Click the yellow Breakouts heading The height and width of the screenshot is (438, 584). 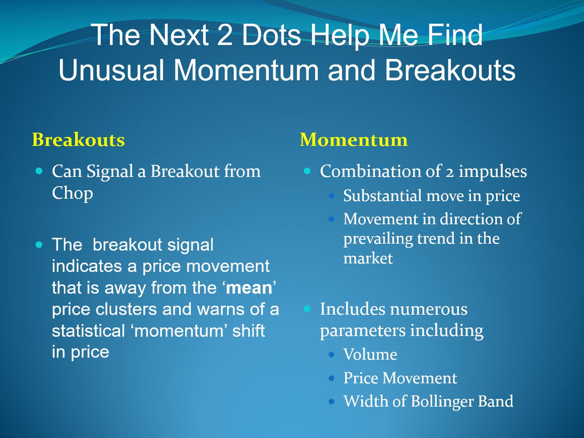[78, 140]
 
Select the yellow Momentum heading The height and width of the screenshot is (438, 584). [354, 140]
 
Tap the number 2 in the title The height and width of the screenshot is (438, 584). [224, 34]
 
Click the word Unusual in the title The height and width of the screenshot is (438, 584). [111, 69]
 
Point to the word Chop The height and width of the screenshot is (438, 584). [73, 193]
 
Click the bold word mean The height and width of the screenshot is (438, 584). [249, 288]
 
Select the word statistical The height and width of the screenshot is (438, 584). [88, 330]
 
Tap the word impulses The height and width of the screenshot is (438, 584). [492, 172]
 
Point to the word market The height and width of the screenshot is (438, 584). [368, 258]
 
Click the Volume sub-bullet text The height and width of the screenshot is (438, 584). [370, 354]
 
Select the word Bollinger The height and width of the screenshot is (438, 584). [442, 402]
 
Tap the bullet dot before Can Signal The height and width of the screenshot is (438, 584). [39, 171]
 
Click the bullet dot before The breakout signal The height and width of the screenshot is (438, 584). [39, 245]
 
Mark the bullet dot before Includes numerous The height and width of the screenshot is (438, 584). [307, 308]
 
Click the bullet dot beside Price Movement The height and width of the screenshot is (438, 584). [331, 379]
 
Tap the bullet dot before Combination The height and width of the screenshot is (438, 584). [307, 171]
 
